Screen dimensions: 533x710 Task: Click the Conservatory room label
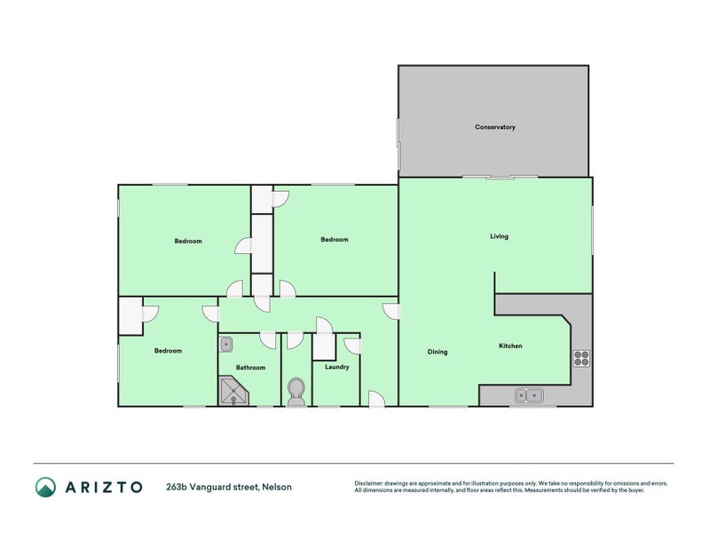[494, 127]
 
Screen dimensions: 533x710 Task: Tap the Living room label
[499, 236]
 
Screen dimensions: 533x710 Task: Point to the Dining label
[438, 352]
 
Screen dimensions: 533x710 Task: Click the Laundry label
[336, 367]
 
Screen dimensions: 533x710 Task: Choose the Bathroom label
[250, 368]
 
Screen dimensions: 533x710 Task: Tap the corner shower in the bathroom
[233, 392]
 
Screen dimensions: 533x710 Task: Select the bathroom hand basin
[226, 342]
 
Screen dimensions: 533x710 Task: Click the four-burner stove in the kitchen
[581, 358]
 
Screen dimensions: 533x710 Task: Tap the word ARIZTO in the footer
[104, 487]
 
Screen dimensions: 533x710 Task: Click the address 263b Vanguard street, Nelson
[228, 487]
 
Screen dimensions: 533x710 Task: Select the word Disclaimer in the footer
[370, 483]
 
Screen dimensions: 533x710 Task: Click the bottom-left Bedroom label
[168, 351]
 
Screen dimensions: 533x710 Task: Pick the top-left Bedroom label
[187, 242]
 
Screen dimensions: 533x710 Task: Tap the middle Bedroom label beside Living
[334, 239]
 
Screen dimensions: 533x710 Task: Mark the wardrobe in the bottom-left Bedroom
[130, 316]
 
